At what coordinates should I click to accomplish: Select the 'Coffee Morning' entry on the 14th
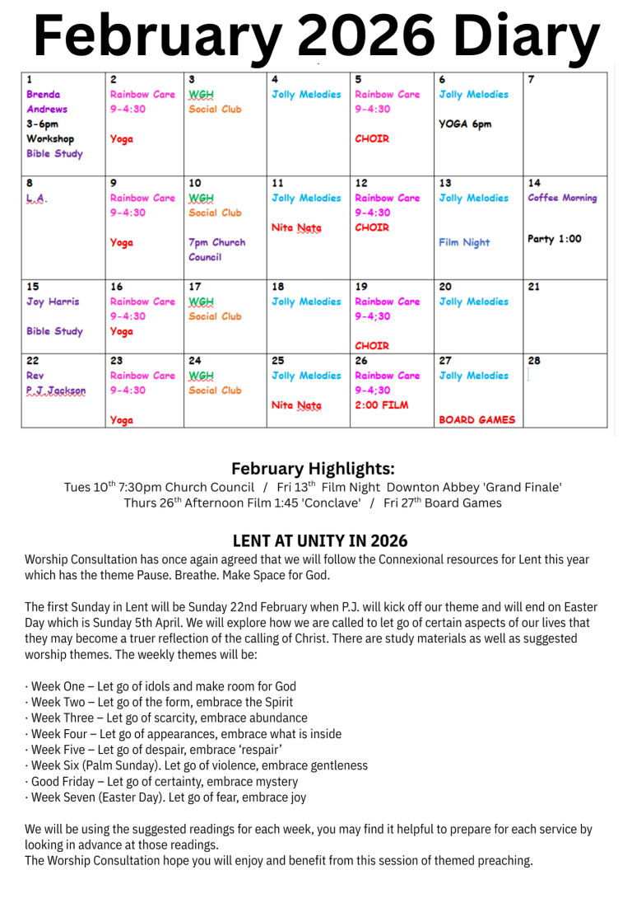pos(562,198)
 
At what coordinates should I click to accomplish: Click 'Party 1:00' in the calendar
pos(554,239)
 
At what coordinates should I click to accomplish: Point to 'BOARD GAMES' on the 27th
pos(477,419)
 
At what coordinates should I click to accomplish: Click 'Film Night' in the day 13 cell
pos(464,242)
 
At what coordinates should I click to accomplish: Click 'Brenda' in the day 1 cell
pos(43,95)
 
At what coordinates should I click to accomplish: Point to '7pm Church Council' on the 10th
pos(217,250)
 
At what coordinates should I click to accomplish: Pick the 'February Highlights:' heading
pos(313,469)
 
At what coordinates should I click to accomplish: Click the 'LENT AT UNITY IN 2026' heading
pos(320,541)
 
